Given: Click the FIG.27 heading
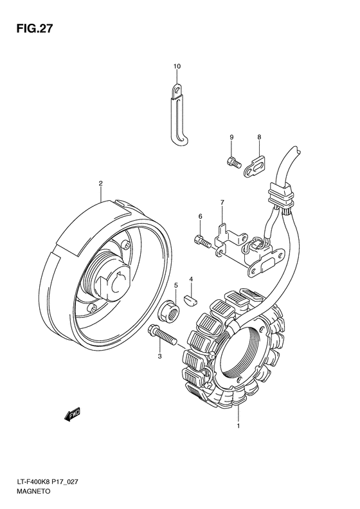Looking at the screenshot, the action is (34, 28).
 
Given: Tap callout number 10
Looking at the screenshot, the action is (177, 66).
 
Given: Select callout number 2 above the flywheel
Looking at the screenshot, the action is (100, 183).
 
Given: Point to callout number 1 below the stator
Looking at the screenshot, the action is (239, 426).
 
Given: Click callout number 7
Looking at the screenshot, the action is (222, 203).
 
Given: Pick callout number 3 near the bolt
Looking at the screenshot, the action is (159, 356).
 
